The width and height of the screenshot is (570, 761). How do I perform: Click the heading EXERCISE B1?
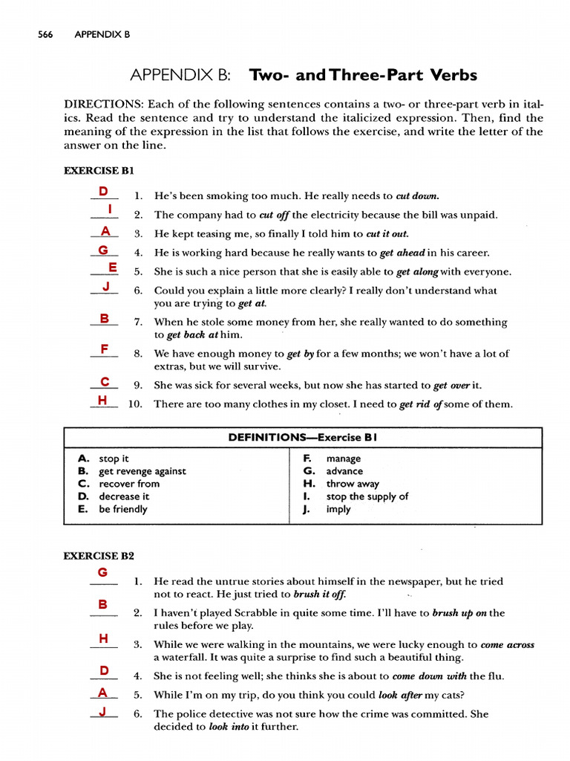coord(98,171)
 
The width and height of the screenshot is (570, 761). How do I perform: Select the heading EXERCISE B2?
coord(98,555)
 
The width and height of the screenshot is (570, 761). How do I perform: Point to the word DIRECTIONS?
coord(109,104)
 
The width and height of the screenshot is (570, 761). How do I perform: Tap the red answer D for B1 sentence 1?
coord(104,192)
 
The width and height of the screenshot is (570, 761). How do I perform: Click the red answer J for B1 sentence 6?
coord(106,286)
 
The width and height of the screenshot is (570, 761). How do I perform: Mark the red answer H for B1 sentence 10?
coord(102,400)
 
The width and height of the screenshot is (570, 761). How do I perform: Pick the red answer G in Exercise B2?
coord(103,571)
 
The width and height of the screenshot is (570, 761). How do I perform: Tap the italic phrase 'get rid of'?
coord(421,404)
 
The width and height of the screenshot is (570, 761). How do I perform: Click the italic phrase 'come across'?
coord(507,645)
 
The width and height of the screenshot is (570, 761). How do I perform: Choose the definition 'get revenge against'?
coord(142,471)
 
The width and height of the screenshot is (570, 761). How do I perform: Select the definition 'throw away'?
coord(353,484)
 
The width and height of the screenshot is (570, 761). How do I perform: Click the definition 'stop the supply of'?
coord(367,496)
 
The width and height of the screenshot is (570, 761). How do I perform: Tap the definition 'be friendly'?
coord(123,509)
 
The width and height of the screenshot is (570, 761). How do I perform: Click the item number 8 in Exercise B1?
coord(138,354)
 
